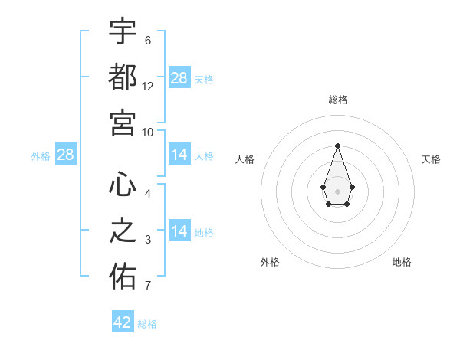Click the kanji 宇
click(123, 32)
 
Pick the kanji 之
click(123, 231)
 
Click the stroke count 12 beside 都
click(148, 87)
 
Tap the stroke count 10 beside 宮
click(148, 132)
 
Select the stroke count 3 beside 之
click(148, 241)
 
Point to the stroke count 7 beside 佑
click(148, 286)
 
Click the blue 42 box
click(123, 322)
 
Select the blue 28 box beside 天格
click(179, 78)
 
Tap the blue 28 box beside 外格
click(66, 155)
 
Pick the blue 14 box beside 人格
click(179, 155)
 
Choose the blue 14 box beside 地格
click(179, 231)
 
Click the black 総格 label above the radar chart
click(337, 100)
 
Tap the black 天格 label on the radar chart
click(431, 159)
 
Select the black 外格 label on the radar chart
click(270, 262)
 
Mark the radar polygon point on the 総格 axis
click(337, 145)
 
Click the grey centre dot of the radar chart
click(337, 190)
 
